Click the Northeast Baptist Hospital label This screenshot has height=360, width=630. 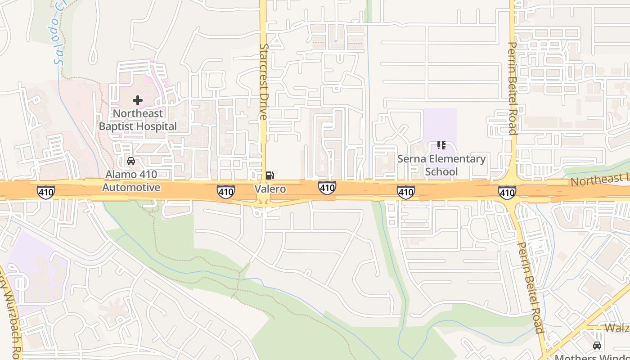(138, 120)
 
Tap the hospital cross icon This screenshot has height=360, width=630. (138, 100)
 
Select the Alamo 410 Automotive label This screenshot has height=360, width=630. (131, 181)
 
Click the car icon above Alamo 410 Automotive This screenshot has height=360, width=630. (131, 161)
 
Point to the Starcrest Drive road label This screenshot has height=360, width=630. (264, 81)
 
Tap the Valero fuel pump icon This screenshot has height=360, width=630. (270, 175)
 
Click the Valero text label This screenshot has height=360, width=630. (270, 189)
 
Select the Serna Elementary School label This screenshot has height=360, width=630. (441, 165)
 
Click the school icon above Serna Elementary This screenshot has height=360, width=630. (441, 145)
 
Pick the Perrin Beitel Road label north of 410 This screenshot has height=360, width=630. (513, 88)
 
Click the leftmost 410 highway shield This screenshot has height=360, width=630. (46, 192)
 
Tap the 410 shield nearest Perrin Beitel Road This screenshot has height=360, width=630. (507, 193)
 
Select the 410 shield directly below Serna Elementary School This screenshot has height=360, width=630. (405, 192)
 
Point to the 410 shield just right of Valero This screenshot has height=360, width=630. (327, 188)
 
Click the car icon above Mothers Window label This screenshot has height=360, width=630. (597, 346)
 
